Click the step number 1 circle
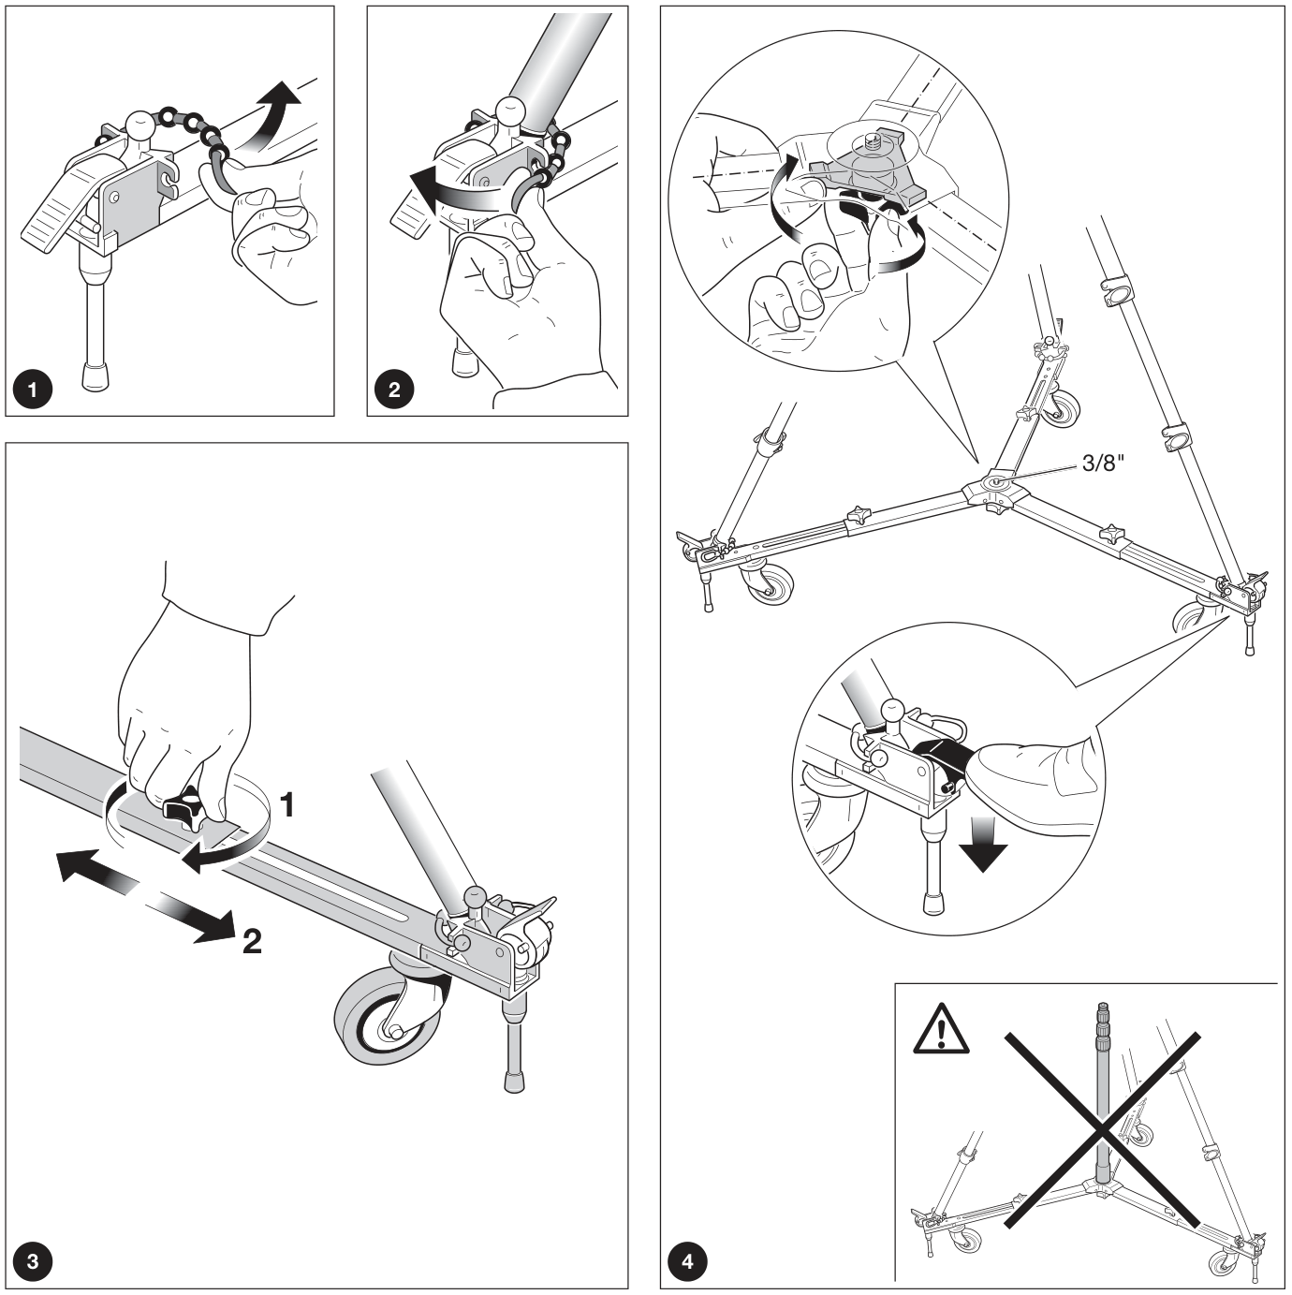pyautogui.click(x=33, y=390)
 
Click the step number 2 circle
pyautogui.click(x=394, y=390)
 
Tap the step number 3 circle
pyautogui.click(x=33, y=1260)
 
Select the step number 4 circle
pyautogui.click(x=687, y=1260)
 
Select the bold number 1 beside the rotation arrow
pyautogui.click(x=287, y=804)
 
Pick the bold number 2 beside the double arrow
pyautogui.click(x=252, y=941)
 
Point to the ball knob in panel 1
pyautogui.click(x=141, y=125)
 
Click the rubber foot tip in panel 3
pyautogui.click(x=514, y=1082)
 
